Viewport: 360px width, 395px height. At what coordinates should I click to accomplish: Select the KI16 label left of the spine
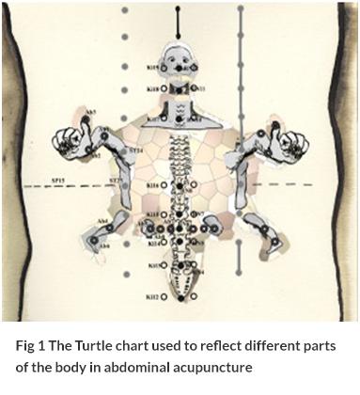pyautogui.click(x=151, y=186)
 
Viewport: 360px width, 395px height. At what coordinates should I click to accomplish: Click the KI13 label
pyautogui.click(x=151, y=266)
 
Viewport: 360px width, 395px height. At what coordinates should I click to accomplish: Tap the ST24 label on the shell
pyautogui.click(x=135, y=149)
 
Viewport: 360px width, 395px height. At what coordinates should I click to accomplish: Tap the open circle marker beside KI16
pyautogui.click(x=165, y=186)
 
